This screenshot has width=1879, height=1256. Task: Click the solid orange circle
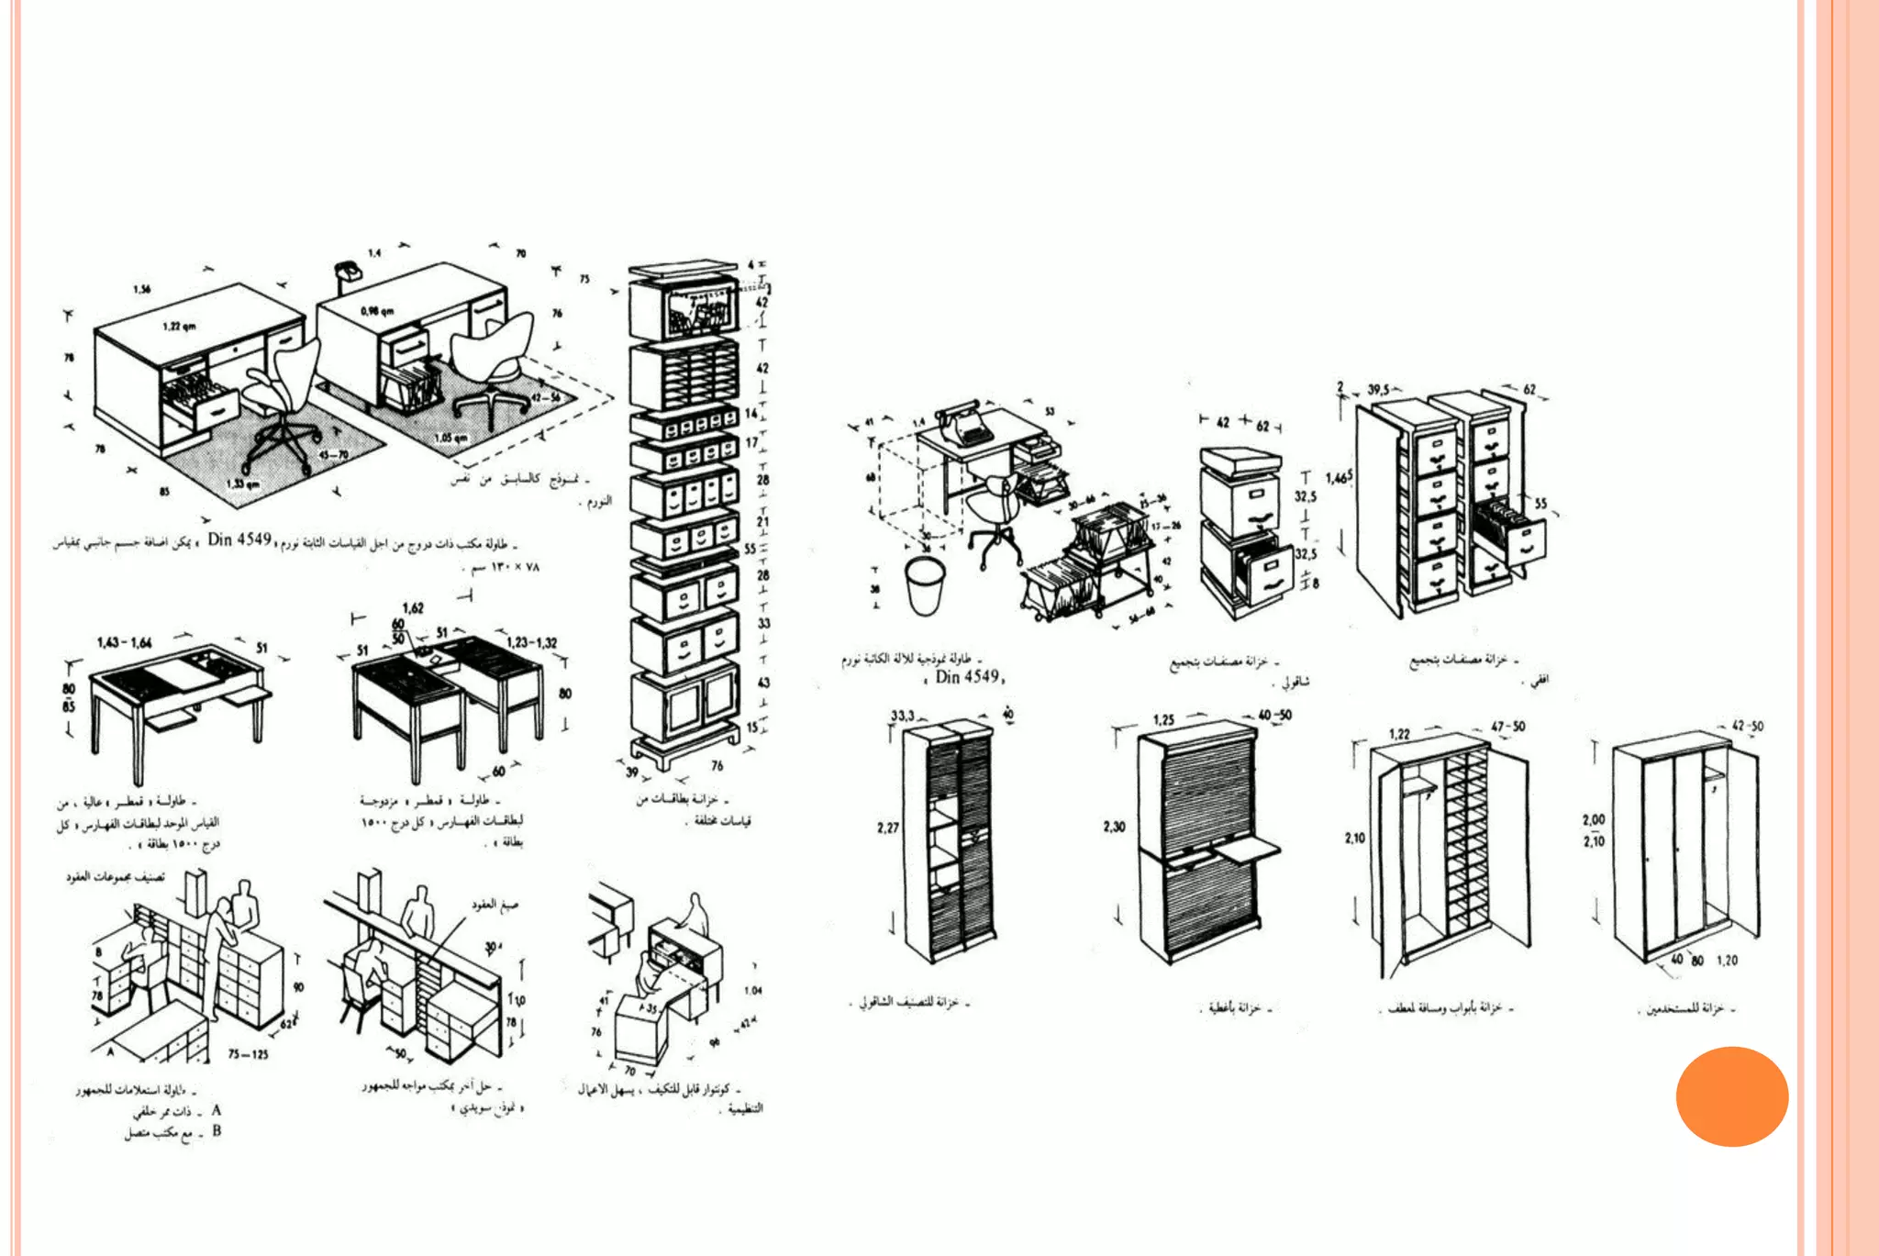coord(1731,1096)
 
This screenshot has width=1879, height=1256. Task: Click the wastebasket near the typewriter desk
coord(925,585)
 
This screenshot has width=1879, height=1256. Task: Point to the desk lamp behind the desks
coord(346,271)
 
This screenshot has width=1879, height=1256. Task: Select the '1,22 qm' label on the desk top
coord(179,327)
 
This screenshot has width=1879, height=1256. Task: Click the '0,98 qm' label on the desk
coord(377,312)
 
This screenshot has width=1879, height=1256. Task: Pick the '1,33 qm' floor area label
coord(242,484)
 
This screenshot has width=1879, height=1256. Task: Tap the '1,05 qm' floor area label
coord(450,439)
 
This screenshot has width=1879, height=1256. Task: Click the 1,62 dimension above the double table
coord(413,607)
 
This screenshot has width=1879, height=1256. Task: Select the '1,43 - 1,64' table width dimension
coord(125,642)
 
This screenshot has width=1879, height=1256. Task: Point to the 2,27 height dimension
coord(887,828)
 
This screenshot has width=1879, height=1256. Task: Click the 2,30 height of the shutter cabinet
coord(1114,827)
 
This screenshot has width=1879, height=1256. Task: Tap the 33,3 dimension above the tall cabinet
coord(902,715)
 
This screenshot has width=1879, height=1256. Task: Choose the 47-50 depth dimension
coord(1507,727)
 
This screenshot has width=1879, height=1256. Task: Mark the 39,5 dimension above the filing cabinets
coord(1378,390)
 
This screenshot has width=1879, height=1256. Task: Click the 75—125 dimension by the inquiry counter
coord(248,1054)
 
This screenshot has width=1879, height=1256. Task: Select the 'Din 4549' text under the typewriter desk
coord(967,677)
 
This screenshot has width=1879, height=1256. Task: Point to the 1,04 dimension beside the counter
coord(752,990)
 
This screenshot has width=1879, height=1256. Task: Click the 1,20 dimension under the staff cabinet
coord(1727,961)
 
